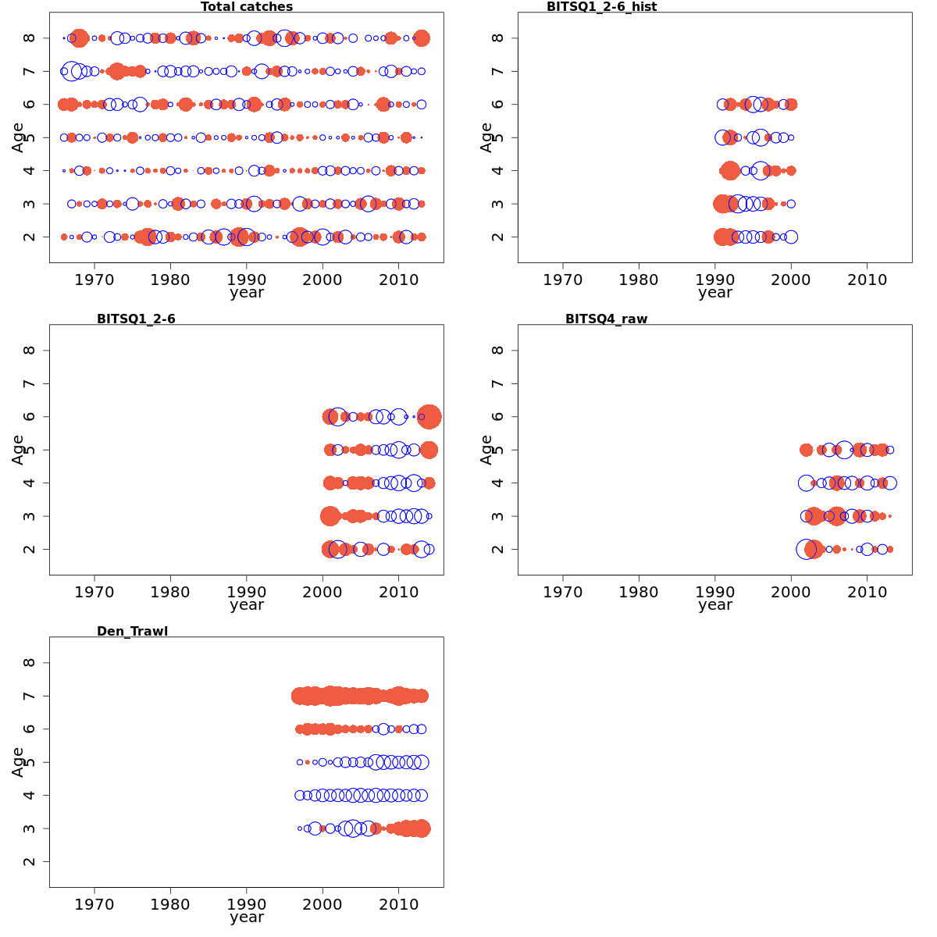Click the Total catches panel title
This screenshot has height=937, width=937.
click(247, 7)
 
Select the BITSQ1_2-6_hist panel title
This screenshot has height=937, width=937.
click(601, 7)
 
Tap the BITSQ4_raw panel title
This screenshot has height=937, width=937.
click(606, 319)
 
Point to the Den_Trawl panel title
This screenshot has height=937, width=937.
click(132, 631)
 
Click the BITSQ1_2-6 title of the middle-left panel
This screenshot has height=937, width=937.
click(136, 319)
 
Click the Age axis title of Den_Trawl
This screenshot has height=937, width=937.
click(18, 761)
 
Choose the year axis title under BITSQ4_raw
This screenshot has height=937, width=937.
click(714, 605)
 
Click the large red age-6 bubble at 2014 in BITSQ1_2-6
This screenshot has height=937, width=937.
click(429, 417)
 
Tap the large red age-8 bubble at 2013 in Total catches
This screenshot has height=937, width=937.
click(422, 37)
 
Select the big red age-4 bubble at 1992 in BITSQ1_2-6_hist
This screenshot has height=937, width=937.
click(730, 170)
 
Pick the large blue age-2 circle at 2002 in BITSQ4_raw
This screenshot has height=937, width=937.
click(806, 549)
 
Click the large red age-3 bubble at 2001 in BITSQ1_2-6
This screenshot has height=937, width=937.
click(330, 516)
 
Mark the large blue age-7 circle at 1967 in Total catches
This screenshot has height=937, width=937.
click(72, 71)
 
